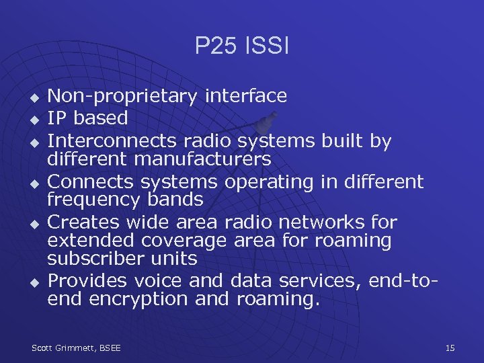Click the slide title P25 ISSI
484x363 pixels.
click(x=241, y=46)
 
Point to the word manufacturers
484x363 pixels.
click(x=203, y=159)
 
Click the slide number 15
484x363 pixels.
click(x=450, y=348)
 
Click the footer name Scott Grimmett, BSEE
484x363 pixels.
click(x=76, y=348)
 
